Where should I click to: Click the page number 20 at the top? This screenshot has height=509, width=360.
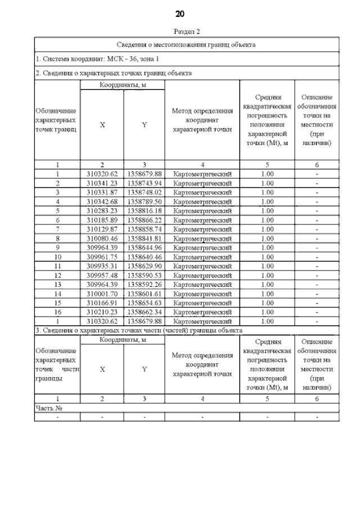pos(180,13)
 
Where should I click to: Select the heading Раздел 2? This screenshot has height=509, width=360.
pos(180,31)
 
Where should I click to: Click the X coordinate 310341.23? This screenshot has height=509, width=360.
pos(102,183)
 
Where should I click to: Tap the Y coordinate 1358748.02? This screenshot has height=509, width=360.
pos(145,192)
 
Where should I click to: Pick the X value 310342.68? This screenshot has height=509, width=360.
pos(102,201)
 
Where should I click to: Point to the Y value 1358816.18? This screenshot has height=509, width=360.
pos(145,210)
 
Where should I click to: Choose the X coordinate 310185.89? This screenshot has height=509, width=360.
pos(102,219)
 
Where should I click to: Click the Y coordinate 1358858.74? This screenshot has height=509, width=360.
pos(145,229)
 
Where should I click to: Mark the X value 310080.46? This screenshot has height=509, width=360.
pos(102,238)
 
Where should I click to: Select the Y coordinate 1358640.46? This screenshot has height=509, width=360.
pos(145,256)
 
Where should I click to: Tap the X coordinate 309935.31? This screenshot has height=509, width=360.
pos(102,265)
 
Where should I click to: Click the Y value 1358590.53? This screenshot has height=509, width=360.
pos(145,274)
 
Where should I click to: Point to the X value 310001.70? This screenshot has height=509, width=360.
pos(102,293)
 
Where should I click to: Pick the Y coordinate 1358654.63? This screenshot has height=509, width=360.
pos(145,302)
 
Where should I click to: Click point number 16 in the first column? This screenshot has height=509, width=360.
pos(57,312)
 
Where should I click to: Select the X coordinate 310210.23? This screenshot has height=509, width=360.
pos(102,312)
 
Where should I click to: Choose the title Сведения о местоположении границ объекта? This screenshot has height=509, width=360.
pos(186,44)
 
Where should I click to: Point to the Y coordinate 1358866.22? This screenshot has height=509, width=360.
pos(145,219)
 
